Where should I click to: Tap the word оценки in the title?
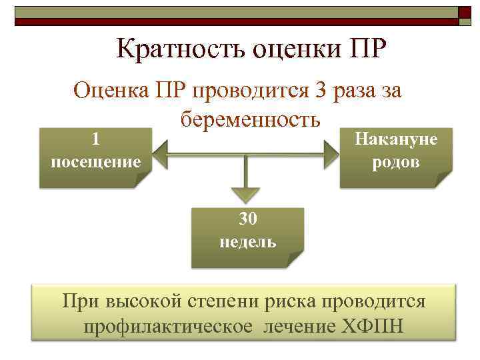(289, 51)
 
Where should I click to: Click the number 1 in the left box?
(95, 139)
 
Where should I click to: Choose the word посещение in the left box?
(95, 161)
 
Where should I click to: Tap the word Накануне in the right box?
(396, 139)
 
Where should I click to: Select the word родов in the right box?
(396, 161)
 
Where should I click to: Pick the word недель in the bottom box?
(247, 241)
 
